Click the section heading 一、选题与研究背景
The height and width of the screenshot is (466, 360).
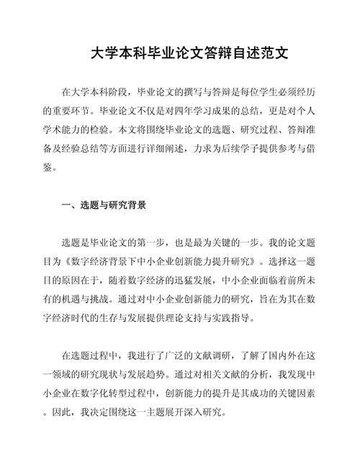104,205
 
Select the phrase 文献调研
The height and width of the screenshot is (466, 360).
204,355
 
